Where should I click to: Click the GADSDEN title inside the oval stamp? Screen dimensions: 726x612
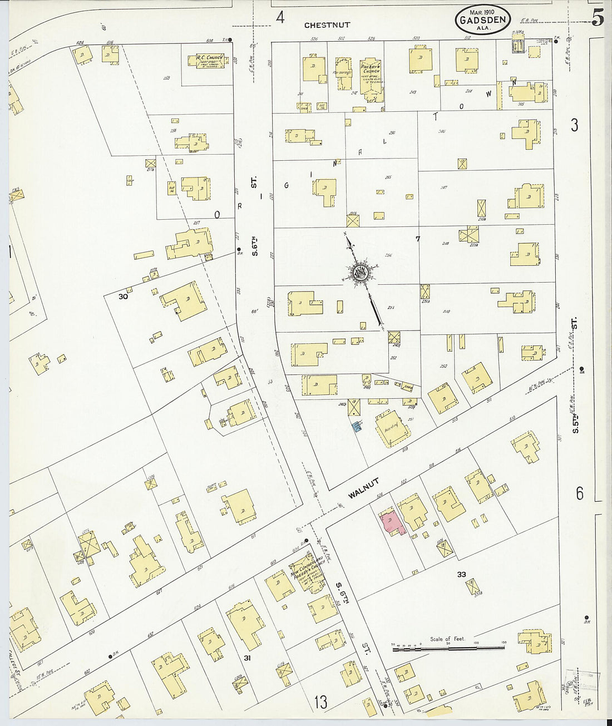click(x=482, y=21)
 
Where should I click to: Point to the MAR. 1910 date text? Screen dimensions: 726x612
click(x=482, y=11)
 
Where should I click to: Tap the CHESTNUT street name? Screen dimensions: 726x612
click(x=327, y=25)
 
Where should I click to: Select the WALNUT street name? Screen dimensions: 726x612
click(x=364, y=488)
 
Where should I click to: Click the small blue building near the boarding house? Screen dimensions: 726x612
click(x=357, y=427)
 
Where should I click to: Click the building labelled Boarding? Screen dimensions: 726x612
click(x=392, y=428)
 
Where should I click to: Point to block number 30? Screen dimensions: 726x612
click(x=123, y=297)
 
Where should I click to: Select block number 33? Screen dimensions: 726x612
click(x=461, y=575)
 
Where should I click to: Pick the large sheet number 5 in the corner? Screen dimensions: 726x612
click(x=598, y=18)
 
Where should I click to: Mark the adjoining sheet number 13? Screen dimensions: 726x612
click(x=320, y=702)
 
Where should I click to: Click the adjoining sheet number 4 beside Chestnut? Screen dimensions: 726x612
click(x=280, y=17)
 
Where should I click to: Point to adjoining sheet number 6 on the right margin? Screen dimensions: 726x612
click(x=579, y=493)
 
